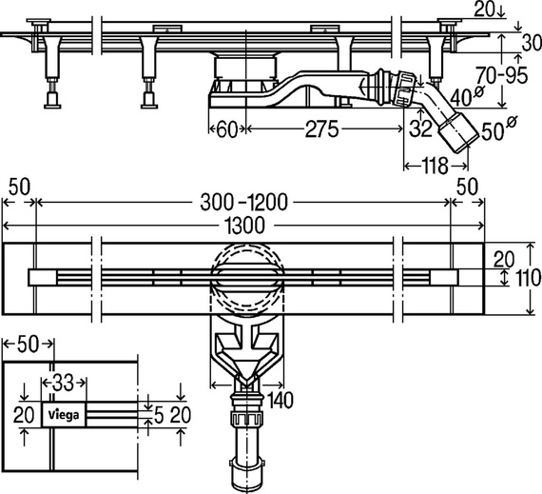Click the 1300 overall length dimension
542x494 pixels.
pos(243,224)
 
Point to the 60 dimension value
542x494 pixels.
pos(226,129)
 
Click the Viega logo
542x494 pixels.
pos(63,413)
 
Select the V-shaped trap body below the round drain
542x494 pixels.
pos(245,358)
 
